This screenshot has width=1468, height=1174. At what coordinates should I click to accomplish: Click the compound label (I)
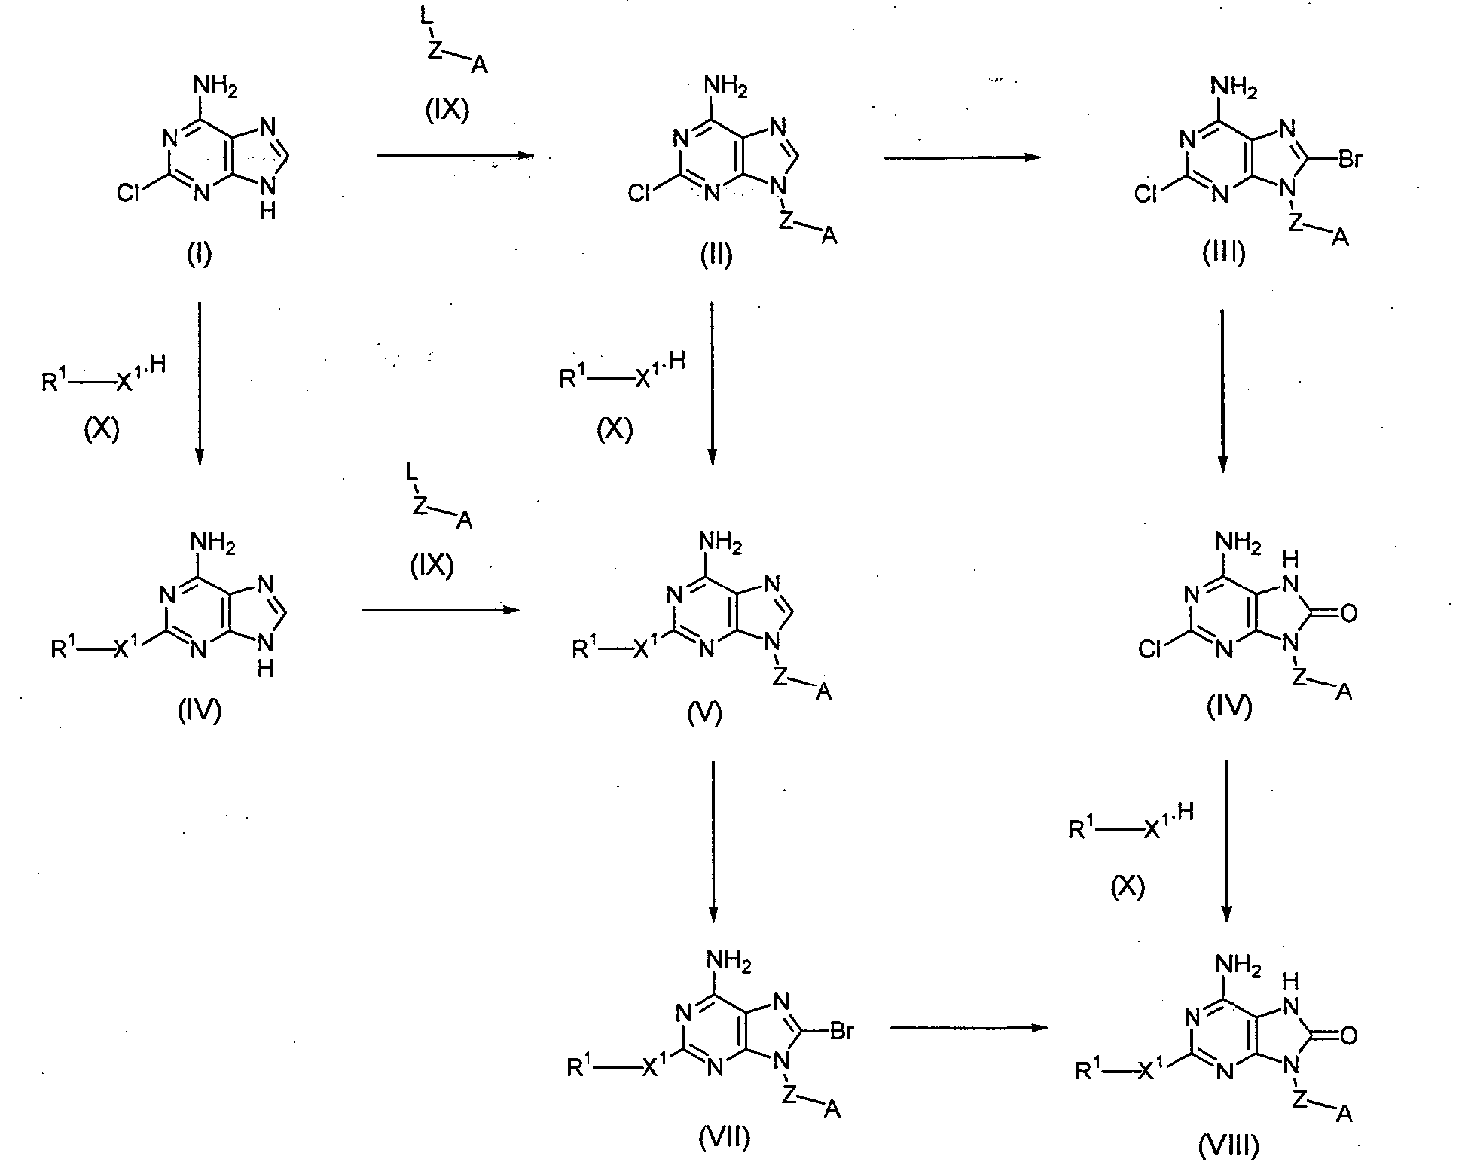coord(199,255)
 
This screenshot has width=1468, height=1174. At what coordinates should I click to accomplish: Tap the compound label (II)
coord(715,255)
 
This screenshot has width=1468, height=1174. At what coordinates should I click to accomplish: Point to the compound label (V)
coord(704,712)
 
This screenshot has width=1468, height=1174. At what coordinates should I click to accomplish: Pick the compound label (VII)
coord(724,1138)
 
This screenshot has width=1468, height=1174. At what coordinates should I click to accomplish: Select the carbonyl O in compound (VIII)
coord(1348,1036)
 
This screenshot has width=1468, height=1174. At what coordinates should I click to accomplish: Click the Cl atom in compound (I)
coord(130,195)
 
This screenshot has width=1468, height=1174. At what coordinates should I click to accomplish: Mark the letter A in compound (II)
coord(829,236)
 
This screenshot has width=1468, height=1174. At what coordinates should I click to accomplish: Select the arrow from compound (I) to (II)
coord(455,156)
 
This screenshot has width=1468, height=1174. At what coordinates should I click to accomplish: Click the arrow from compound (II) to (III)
coord(961,157)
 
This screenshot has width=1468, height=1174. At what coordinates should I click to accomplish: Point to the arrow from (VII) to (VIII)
coord(970,1027)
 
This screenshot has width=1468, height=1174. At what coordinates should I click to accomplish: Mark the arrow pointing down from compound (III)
coord(1222,390)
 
